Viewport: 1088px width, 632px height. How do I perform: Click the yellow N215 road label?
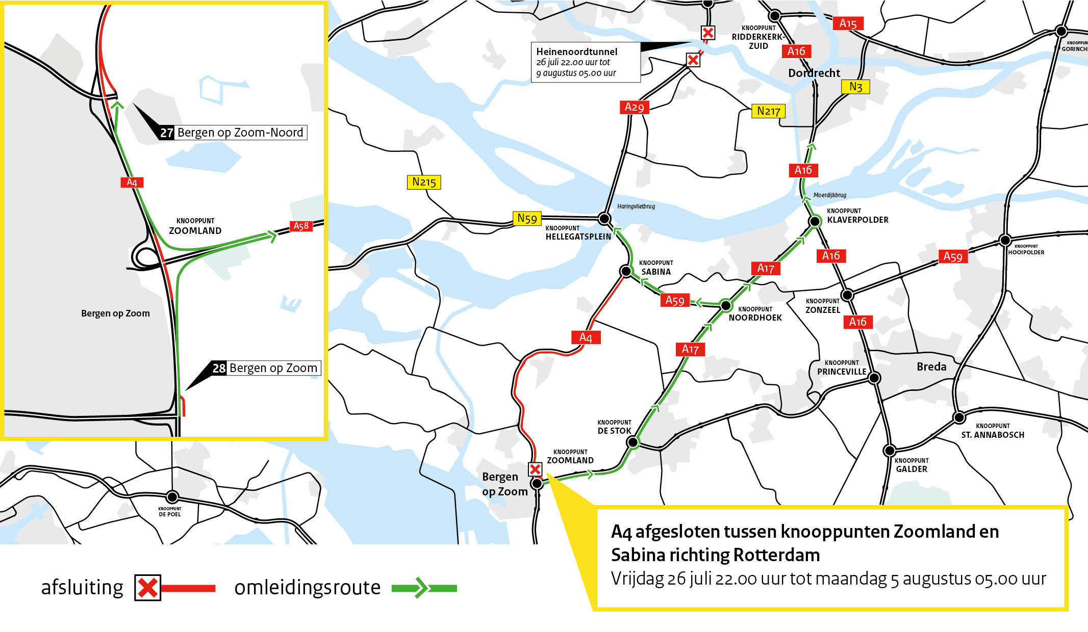click(424, 182)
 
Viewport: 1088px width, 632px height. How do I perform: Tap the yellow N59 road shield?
click(527, 219)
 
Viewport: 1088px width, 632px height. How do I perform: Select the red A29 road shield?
click(634, 107)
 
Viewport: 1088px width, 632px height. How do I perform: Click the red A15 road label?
click(848, 23)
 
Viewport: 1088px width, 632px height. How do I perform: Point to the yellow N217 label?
click(768, 111)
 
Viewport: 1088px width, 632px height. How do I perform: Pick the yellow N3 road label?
click(855, 87)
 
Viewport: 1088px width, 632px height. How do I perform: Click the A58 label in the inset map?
click(301, 226)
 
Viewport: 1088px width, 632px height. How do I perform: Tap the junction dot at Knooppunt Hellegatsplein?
click(604, 219)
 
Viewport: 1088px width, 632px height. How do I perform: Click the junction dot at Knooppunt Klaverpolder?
click(815, 221)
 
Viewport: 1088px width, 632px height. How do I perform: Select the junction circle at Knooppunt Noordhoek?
click(726, 305)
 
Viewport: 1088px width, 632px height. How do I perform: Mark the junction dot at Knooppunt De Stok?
click(632, 442)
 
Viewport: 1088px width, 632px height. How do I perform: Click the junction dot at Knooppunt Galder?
click(889, 451)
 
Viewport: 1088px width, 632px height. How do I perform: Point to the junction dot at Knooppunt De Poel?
click(172, 496)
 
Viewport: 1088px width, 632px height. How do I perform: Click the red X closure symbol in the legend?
click(147, 588)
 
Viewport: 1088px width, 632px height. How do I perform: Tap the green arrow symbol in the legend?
click(421, 588)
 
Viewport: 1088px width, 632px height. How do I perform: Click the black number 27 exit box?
click(167, 133)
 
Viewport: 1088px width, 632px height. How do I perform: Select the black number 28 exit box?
click(219, 368)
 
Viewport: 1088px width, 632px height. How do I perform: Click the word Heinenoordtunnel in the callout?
click(576, 51)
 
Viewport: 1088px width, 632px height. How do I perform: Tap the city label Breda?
click(931, 366)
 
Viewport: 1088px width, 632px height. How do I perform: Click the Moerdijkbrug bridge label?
click(829, 195)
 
